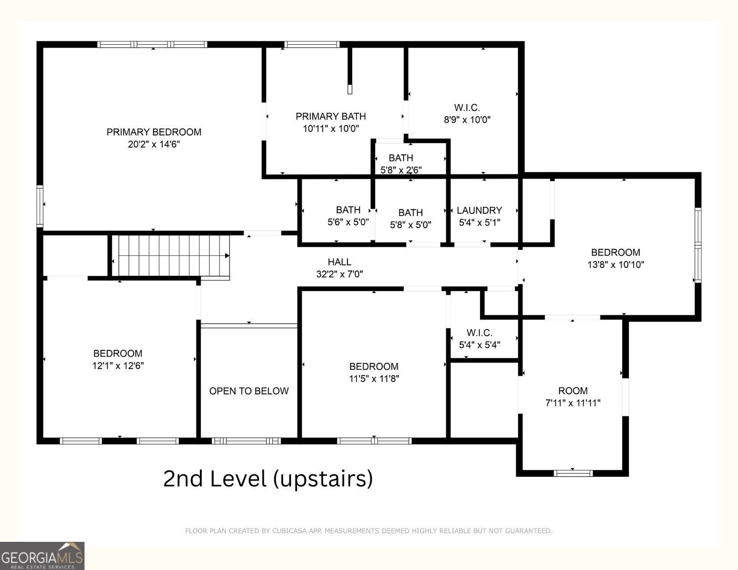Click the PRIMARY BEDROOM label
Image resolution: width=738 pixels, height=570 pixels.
pyautogui.click(x=154, y=132)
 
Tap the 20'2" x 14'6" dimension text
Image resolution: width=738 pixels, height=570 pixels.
pyautogui.click(x=154, y=144)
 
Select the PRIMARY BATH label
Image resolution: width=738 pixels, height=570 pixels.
pyautogui.click(x=331, y=116)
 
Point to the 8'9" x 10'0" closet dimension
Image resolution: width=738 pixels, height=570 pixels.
pyautogui.click(x=467, y=119)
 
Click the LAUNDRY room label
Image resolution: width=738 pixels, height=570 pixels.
pyautogui.click(x=479, y=211)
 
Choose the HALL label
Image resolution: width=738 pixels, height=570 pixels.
pyautogui.click(x=339, y=262)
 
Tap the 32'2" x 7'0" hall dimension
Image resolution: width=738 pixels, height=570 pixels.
pyautogui.click(x=339, y=274)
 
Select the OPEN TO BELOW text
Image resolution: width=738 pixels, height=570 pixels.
pyautogui.click(x=249, y=391)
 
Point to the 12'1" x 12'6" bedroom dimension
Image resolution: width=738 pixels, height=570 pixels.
pyautogui.click(x=118, y=366)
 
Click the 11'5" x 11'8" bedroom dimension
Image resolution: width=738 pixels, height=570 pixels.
pyautogui.click(x=374, y=379)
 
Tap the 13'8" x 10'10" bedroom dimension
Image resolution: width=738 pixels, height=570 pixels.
pyautogui.click(x=616, y=265)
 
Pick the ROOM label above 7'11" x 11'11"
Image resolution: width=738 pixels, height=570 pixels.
pyautogui.click(x=573, y=391)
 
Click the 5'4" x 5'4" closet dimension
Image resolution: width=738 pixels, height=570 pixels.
pyautogui.click(x=479, y=345)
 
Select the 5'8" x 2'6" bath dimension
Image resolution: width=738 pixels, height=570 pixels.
pyautogui.click(x=401, y=170)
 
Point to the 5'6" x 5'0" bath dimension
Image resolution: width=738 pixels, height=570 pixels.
pyautogui.click(x=348, y=222)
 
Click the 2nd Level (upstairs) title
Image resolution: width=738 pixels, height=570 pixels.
pyautogui.click(x=268, y=479)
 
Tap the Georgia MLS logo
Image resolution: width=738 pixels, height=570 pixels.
pyautogui.click(x=42, y=556)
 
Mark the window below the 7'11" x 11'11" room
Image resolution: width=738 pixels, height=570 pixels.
pyautogui.click(x=573, y=473)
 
